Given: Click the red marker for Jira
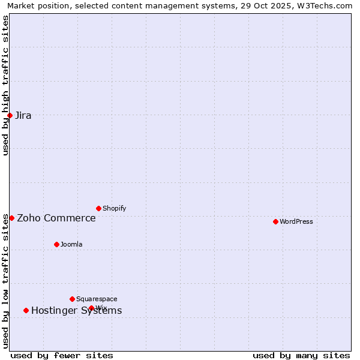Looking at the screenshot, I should tap(10, 115).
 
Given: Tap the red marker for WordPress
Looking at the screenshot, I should tap(275, 221).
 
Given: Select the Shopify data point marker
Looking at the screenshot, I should tap(98, 208).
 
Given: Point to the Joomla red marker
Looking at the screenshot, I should tap(56, 244).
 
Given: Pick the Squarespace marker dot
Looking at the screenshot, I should tap(72, 299).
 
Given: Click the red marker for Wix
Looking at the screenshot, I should tap(91, 308).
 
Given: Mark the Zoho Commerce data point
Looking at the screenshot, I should tap(11, 218).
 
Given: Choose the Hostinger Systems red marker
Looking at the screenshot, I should tap(26, 310).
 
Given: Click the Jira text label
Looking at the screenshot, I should tap(23, 116).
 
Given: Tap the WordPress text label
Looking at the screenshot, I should tap(296, 221).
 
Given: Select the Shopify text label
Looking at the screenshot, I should tap(115, 208).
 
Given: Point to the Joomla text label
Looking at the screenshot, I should tap(71, 244).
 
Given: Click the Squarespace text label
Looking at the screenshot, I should tap(97, 299).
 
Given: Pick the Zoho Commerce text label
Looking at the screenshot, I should tap(56, 218).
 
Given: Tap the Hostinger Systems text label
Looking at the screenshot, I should tap(76, 311).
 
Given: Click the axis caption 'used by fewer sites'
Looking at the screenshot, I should tap(62, 355).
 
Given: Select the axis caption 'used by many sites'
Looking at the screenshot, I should tap(301, 355).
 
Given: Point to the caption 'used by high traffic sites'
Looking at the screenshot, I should tap(5, 85).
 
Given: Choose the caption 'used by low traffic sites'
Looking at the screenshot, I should tap(5, 280).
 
